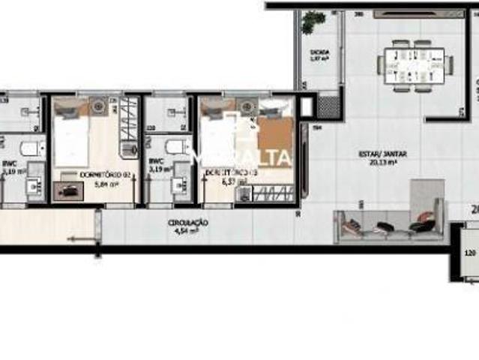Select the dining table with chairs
[x=411, y=65]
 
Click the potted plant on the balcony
[x=309, y=22]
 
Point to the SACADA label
[x=319, y=52]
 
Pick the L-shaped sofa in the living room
[x=390, y=217]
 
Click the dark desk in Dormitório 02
[x=68, y=192]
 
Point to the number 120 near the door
[x=469, y=253]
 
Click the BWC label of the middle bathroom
[x=156, y=161]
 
